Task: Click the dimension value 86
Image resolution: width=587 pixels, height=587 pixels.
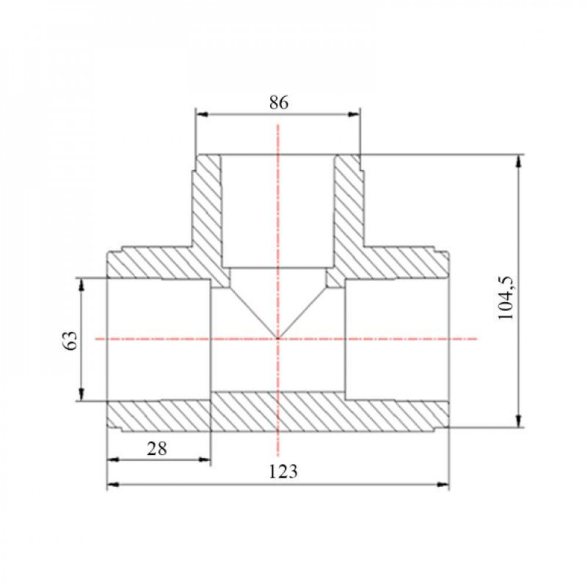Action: pyautogui.click(x=279, y=102)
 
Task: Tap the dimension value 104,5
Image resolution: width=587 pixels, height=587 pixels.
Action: pyautogui.click(x=507, y=298)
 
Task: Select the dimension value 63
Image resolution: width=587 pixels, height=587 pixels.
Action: pyautogui.click(x=71, y=340)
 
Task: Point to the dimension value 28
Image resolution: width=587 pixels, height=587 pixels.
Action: pyautogui.click(x=157, y=448)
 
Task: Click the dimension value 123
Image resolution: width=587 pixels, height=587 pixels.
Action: pyautogui.click(x=283, y=472)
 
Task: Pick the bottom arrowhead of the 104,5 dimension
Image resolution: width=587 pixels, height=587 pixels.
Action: pyautogui.click(x=518, y=420)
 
